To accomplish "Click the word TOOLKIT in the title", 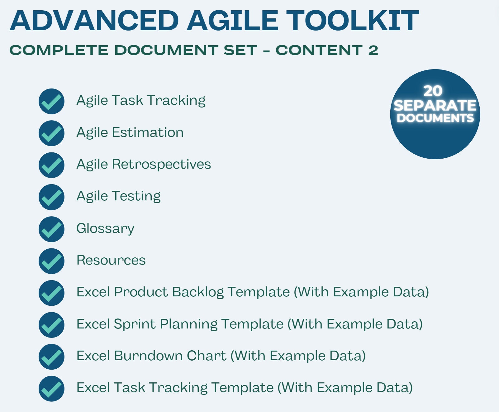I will point(352,21).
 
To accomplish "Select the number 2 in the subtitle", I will point(373,50).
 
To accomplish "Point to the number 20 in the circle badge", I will point(433,91).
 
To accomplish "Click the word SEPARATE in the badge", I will point(435,106).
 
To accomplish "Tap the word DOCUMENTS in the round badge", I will point(435,118).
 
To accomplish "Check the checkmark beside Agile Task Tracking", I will point(51,101).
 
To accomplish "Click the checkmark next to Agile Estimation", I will point(51,133).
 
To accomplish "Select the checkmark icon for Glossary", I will point(51,229).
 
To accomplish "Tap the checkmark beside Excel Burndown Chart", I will point(51,357).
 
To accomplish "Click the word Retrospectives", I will point(161,164).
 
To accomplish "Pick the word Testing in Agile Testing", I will point(136,196).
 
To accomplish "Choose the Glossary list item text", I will point(105,228).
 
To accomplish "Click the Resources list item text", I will point(111,260).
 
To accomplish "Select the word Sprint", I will point(135,324).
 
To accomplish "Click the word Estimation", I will point(148,132).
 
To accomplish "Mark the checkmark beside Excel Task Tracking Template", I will point(51,389).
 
